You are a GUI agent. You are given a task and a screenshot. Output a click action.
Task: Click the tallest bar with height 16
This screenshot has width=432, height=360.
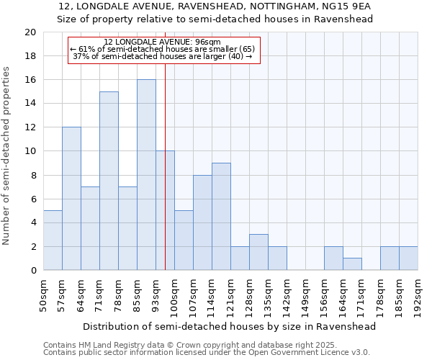146,175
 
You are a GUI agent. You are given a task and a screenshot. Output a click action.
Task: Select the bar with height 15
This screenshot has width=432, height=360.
109,181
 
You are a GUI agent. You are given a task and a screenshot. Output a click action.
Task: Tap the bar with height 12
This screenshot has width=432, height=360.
71,199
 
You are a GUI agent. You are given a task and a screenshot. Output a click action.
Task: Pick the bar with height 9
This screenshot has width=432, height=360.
221,217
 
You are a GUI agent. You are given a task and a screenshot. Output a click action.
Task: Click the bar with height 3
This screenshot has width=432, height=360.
258,252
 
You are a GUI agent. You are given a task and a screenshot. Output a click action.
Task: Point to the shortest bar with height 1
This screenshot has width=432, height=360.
352,264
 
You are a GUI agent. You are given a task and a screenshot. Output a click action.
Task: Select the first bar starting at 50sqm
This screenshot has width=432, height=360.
53,240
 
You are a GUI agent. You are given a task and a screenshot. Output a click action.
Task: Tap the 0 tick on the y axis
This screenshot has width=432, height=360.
32,271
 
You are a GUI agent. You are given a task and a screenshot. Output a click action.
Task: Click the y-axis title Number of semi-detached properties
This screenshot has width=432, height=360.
8,156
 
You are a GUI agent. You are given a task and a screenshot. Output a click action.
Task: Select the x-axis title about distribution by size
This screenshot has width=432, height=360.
230,326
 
